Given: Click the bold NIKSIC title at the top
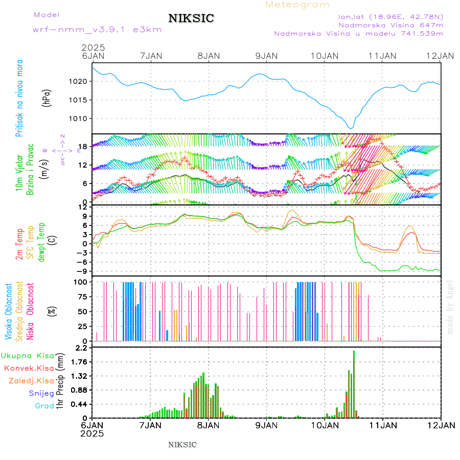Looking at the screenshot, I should (191, 18).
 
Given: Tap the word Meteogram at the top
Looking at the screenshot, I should (297, 5).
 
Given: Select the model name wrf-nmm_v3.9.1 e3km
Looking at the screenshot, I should (97, 29).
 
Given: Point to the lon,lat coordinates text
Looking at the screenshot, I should (391, 16).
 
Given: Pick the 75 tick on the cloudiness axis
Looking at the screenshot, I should (81, 296).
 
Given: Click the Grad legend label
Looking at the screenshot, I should (44, 406).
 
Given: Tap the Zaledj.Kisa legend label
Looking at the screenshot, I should (31, 380).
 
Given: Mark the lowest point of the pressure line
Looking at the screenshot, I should (351, 128).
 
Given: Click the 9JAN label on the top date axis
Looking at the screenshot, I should (266, 55).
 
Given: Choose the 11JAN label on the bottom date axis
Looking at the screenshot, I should (382, 425).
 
